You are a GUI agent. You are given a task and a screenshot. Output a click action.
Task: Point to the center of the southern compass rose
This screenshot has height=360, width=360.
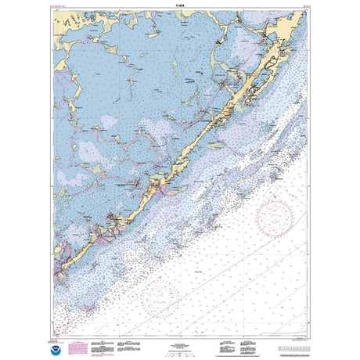[161, 298]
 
